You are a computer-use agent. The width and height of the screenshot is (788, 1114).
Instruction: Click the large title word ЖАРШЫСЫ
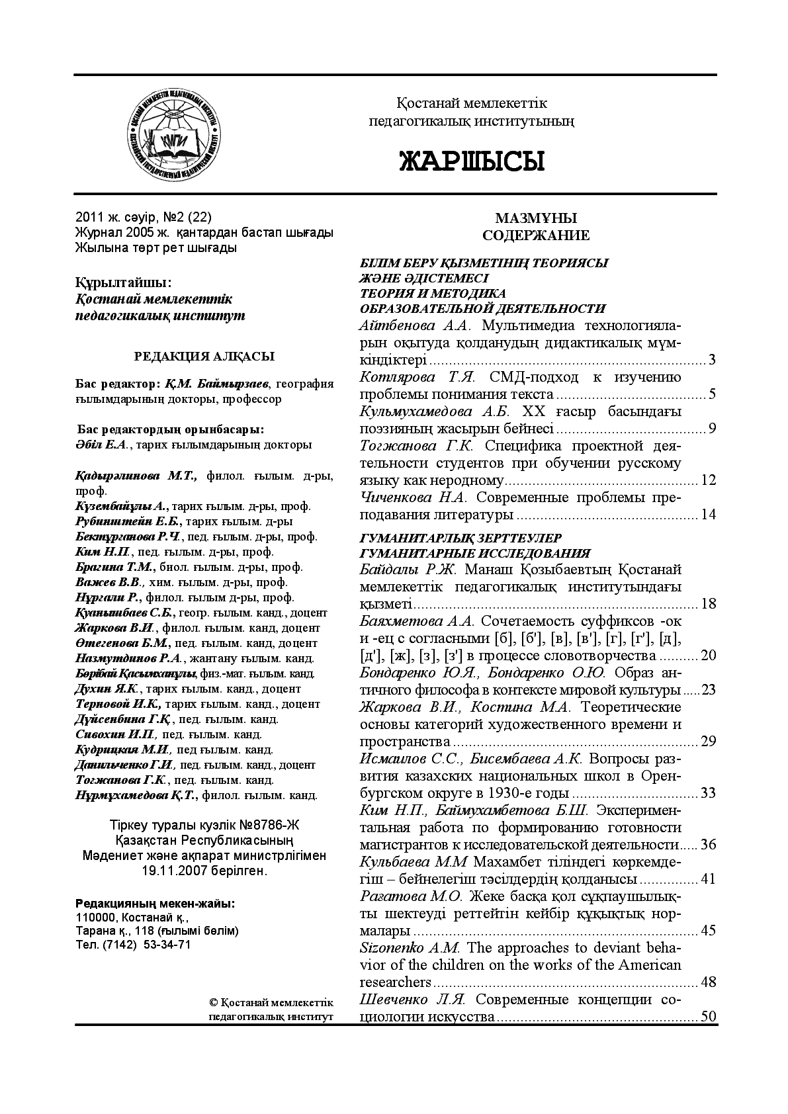(x=471, y=161)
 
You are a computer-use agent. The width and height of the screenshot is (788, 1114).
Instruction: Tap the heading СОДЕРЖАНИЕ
(x=536, y=236)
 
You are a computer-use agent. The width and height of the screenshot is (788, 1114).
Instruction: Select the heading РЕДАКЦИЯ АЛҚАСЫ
(x=204, y=357)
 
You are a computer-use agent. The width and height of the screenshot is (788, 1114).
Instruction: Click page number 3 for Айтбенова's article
(x=712, y=361)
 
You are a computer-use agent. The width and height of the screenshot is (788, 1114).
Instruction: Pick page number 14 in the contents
(x=708, y=515)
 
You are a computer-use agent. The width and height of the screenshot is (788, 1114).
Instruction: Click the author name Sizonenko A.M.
(x=410, y=948)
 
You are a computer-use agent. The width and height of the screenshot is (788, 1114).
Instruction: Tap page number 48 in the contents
(x=708, y=982)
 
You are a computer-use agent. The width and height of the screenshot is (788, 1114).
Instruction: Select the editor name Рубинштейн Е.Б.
(x=118, y=521)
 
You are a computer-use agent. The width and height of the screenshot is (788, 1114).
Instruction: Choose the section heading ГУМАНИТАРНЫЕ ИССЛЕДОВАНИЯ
(x=474, y=553)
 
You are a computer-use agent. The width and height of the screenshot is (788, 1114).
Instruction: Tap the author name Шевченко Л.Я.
(x=414, y=1000)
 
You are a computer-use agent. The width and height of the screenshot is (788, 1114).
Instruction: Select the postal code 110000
(x=97, y=918)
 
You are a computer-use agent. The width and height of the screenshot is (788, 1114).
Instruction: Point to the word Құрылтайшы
(x=122, y=283)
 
